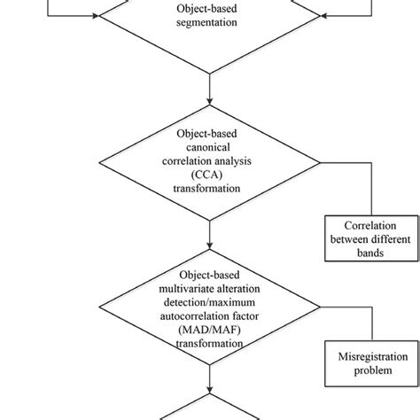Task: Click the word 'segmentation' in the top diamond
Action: click(209, 25)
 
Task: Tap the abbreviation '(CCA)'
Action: click(209, 175)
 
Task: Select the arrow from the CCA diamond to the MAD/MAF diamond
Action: click(209, 232)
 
